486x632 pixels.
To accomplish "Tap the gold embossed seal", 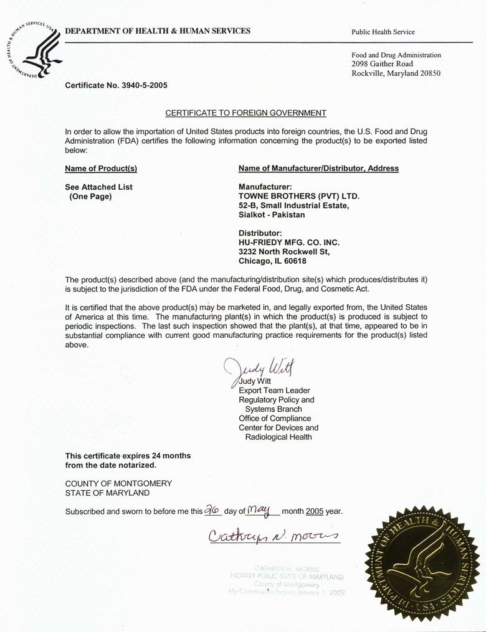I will pyautogui.click(x=422, y=563).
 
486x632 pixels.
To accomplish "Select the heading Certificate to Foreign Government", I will pyautogui.click(x=245, y=113).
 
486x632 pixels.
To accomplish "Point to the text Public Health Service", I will pyautogui.click(x=383, y=32).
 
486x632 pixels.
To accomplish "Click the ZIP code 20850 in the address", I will pyautogui.click(x=429, y=73).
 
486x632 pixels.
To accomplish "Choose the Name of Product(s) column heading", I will pyautogui.click(x=101, y=169).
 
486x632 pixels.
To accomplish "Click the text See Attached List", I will pyautogui.click(x=98, y=187).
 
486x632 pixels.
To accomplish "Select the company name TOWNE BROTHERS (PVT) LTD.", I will pyautogui.click(x=299, y=196).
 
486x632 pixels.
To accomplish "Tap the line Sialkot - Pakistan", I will pyautogui.click(x=272, y=215).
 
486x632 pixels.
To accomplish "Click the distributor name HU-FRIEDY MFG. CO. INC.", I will pyautogui.click(x=289, y=243).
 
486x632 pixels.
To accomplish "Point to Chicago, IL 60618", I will pyautogui.click(x=272, y=261).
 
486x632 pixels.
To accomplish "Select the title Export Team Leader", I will pyautogui.click(x=274, y=391).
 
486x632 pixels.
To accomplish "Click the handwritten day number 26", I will pyautogui.click(x=213, y=510).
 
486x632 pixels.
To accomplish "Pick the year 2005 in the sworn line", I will pyautogui.click(x=315, y=511).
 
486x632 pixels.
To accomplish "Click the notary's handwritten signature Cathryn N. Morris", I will pyautogui.click(x=273, y=536).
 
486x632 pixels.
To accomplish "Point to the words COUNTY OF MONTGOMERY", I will pyautogui.click(x=118, y=483).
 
